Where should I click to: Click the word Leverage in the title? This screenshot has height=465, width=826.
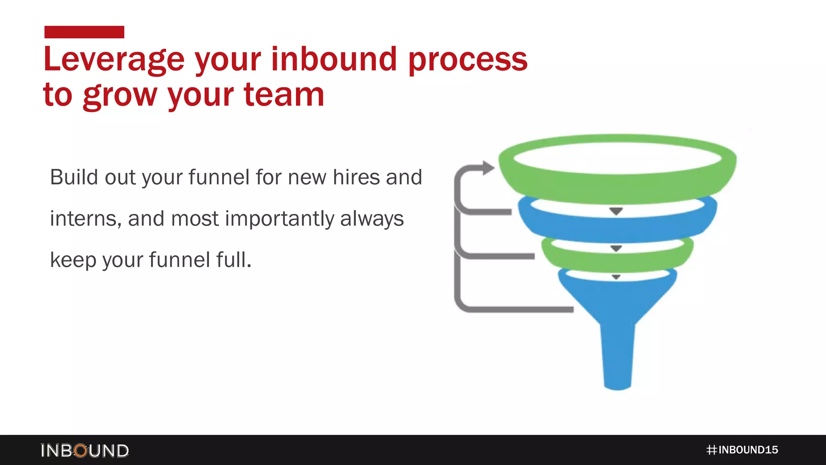[114, 60]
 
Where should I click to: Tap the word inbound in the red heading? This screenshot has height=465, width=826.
[334, 59]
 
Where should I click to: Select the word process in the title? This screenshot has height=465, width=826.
[468, 60]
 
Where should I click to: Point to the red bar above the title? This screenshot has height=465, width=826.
[84, 32]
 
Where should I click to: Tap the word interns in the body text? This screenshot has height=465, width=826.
[86, 219]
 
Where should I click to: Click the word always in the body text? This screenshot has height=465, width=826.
[371, 219]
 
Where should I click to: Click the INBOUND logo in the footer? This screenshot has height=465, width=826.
[85, 450]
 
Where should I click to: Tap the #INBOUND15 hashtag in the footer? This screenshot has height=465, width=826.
[742, 450]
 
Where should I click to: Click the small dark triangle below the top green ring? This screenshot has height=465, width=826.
[616, 211]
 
